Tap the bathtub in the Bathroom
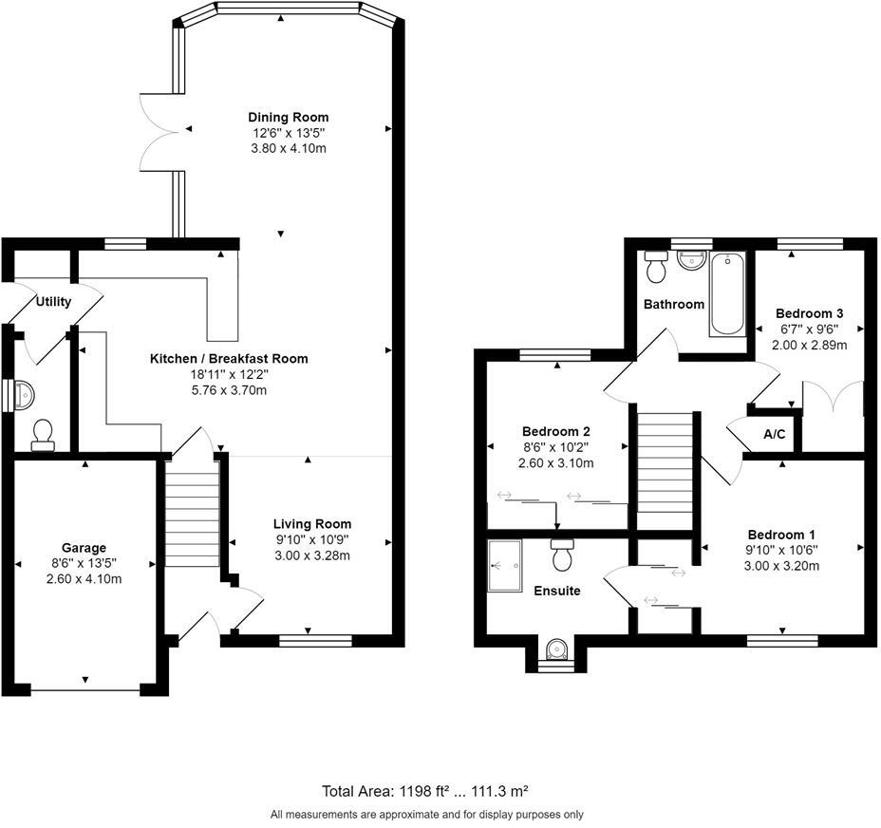click(728, 293)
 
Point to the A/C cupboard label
click(774, 435)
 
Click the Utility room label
click(53, 302)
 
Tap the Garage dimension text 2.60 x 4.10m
click(84, 579)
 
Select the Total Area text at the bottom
click(424, 790)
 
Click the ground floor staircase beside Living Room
click(192, 513)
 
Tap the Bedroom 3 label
click(809, 313)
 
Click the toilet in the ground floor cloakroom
click(43, 434)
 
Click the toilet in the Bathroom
click(655, 270)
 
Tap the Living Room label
click(312, 524)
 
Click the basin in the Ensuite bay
click(556, 649)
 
